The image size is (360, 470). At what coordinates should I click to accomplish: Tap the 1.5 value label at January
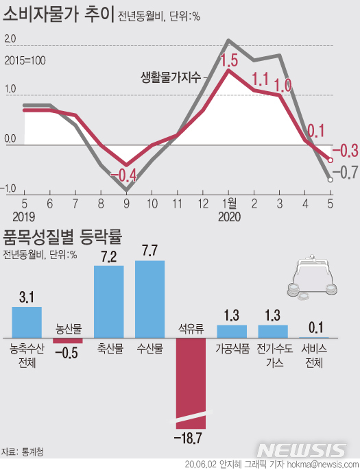point(230,60)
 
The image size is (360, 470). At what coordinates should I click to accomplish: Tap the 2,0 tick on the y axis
point(10,40)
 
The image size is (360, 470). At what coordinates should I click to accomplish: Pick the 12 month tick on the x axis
point(204,203)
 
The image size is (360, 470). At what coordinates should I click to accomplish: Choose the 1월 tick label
point(229,203)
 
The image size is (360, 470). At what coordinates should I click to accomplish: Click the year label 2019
point(24,217)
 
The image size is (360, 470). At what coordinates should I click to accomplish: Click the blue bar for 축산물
point(108,301)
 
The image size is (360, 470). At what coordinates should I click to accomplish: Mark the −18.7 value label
point(191,436)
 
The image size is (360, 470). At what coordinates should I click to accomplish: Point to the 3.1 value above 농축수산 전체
point(27,297)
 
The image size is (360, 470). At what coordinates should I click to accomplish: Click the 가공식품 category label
point(230,348)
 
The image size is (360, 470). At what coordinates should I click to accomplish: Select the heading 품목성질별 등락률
point(62,238)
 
